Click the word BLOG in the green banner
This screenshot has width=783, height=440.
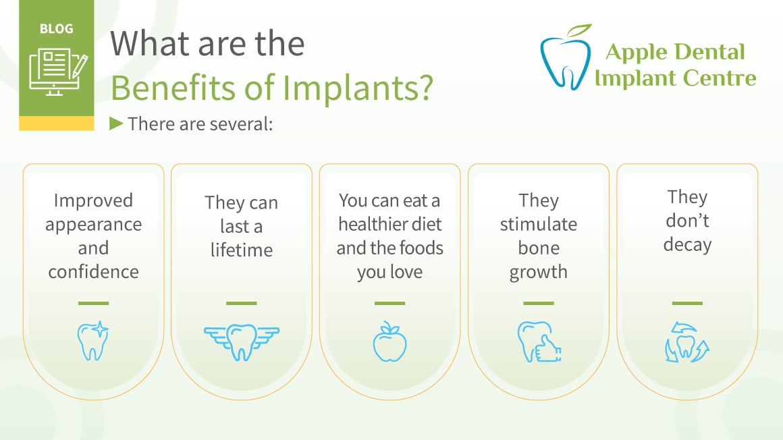tap(57, 29)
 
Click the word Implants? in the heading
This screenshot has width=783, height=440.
tap(358, 88)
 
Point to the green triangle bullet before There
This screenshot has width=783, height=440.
tap(116, 123)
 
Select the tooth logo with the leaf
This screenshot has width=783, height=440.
tap(566, 57)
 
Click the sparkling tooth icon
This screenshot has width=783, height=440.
tap(93, 340)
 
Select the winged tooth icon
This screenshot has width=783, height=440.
tap(242, 342)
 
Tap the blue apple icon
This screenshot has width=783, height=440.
tap(390, 341)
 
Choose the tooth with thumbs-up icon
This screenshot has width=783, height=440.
tap(539, 341)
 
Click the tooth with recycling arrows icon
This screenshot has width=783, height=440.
tap(687, 342)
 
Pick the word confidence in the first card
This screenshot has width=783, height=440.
tap(93, 272)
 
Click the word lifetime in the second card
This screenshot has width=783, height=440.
tap(242, 250)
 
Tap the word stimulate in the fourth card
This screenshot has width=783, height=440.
tap(539, 224)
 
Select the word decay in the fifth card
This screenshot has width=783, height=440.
tap(687, 245)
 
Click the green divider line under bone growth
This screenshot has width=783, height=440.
tap(539, 303)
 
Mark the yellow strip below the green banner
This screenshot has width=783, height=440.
tap(57, 123)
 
